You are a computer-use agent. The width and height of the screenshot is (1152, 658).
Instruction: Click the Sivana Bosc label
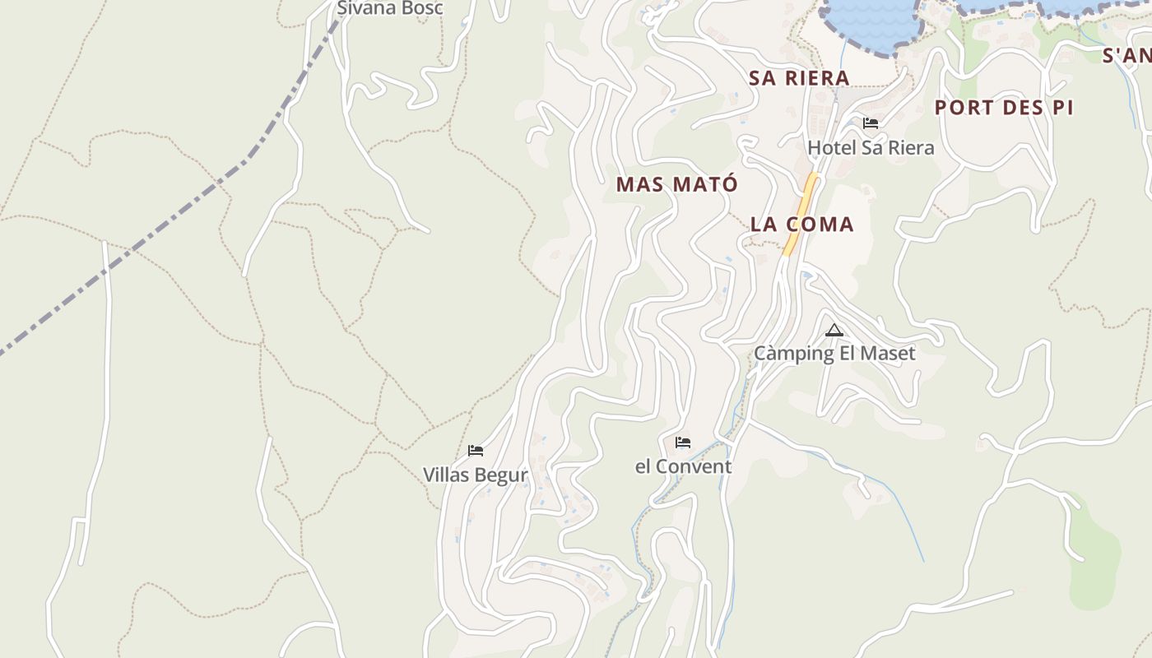[390, 8]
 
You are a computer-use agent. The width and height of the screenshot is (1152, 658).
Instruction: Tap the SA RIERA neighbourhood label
[799, 78]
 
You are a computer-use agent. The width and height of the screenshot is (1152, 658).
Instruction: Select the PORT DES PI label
[1004, 108]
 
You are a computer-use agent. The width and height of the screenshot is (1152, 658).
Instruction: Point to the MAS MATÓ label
[677, 184]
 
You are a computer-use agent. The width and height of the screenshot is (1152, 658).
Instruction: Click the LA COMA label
[802, 224]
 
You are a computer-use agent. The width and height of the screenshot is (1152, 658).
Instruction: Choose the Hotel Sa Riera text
[871, 148]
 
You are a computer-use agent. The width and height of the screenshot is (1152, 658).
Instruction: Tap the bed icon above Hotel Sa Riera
[871, 123]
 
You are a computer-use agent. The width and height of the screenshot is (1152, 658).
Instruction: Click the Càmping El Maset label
[834, 354]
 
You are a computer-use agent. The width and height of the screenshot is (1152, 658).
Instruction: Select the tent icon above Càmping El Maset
[834, 331]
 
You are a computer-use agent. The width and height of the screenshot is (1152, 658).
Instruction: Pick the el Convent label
[683, 466]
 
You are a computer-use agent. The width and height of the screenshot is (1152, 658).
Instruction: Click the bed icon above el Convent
[683, 443]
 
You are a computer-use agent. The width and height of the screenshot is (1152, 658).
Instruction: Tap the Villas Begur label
[475, 475]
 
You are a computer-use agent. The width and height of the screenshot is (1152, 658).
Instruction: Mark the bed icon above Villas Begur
[476, 451]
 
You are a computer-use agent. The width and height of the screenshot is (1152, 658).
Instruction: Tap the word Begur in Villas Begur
[501, 475]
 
